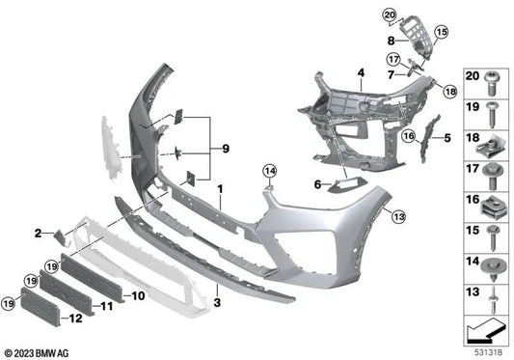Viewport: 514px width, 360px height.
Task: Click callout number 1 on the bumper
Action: [x=220, y=185]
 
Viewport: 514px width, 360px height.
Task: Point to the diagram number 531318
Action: [x=487, y=350]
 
